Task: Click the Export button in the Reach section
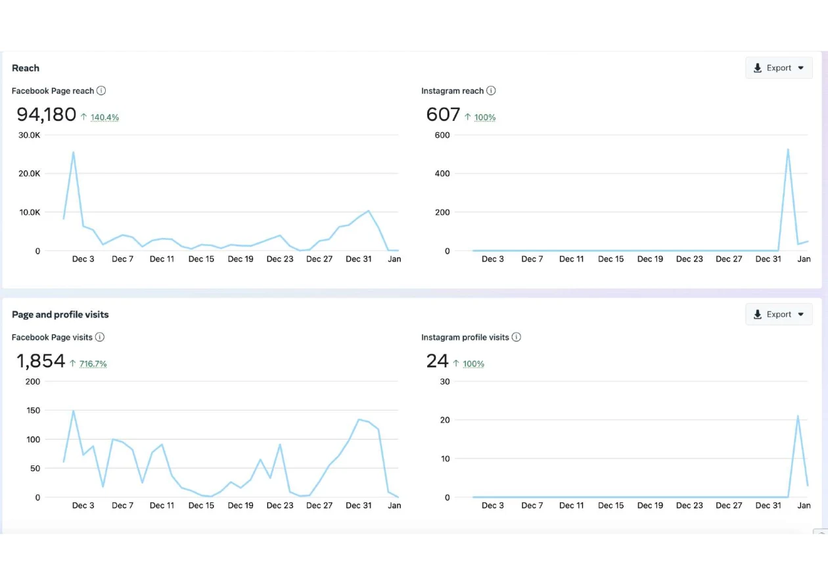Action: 779,68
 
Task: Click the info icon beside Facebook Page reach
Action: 101,91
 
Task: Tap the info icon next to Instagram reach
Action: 491,91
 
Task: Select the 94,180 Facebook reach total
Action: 47,114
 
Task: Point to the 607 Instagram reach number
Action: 443,114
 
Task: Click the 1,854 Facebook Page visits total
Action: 41,361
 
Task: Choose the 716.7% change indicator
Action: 93,363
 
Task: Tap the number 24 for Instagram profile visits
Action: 437,361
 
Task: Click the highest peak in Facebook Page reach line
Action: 74,152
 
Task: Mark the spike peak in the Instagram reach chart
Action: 788,149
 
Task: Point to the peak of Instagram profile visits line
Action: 798,416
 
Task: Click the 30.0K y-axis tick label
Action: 29,135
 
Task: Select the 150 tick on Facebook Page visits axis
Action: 33,410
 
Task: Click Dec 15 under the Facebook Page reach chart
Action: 201,259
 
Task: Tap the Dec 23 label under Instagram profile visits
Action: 689,505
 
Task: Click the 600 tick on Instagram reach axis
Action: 442,135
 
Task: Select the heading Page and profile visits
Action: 60,314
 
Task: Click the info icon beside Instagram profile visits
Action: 517,337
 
